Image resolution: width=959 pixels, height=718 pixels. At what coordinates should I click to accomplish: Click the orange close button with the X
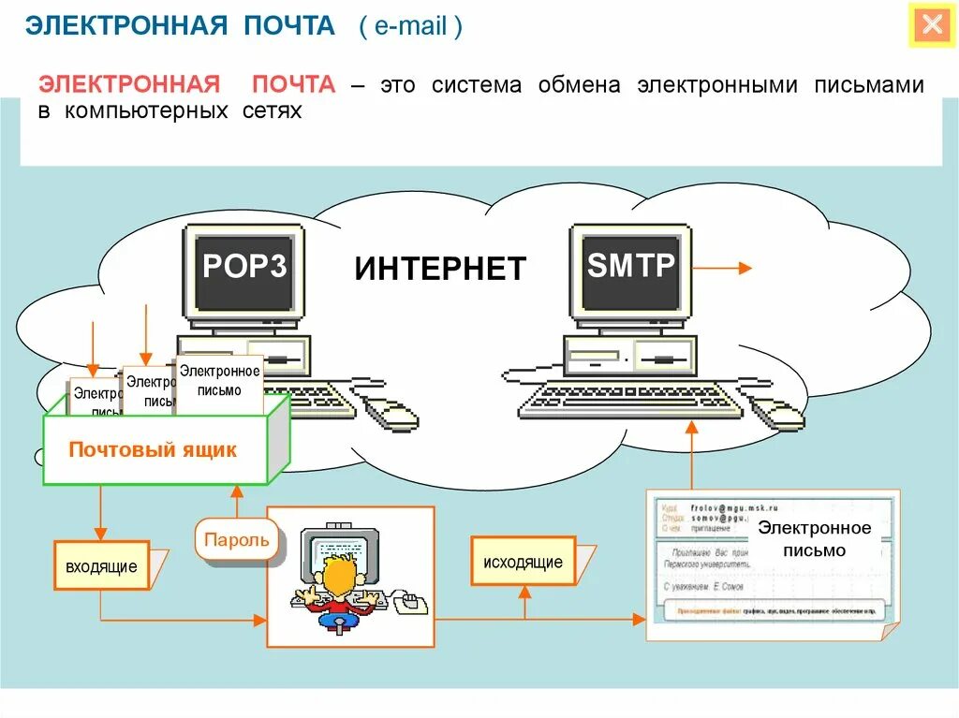pyautogui.click(x=932, y=25)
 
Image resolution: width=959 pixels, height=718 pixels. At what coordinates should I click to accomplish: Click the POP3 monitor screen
pyautogui.click(x=243, y=268)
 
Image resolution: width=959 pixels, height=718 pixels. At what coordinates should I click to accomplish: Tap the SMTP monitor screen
pyautogui.click(x=630, y=267)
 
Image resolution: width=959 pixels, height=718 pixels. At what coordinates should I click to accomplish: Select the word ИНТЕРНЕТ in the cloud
pyautogui.click(x=440, y=269)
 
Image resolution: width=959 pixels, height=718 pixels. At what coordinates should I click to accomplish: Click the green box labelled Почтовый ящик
pyautogui.click(x=154, y=450)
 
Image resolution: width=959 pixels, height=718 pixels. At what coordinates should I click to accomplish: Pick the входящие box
pyautogui.click(x=101, y=565)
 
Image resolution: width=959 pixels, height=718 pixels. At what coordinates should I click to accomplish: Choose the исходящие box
pyautogui.click(x=523, y=562)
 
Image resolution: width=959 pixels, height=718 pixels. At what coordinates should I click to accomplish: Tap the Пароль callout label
pyautogui.click(x=237, y=540)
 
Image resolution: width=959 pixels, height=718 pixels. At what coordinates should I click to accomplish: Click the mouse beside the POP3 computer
pyautogui.click(x=391, y=412)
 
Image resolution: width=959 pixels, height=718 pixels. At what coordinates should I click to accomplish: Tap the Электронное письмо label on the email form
pyautogui.click(x=814, y=539)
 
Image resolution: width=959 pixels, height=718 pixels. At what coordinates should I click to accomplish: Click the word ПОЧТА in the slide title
pyautogui.click(x=288, y=26)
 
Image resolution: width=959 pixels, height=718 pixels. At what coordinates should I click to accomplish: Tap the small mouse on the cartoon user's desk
pyautogui.click(x=409, y=602)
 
